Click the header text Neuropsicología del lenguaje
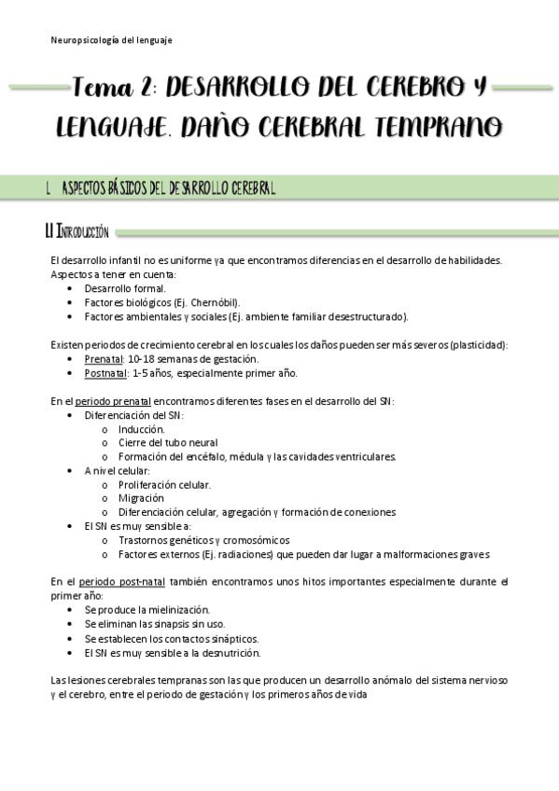tap(111, 40)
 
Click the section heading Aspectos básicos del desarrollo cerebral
tap(168, 187)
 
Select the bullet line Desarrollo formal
tap(125, 288)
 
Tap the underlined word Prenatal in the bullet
tap(104, 359)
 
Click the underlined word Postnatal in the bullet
tap(106, 373)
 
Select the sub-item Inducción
tap(142, 429)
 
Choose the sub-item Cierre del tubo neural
tap(168, 442)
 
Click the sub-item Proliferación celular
tap(164, 484)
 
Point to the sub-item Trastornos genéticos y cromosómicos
tap(203, 540)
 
